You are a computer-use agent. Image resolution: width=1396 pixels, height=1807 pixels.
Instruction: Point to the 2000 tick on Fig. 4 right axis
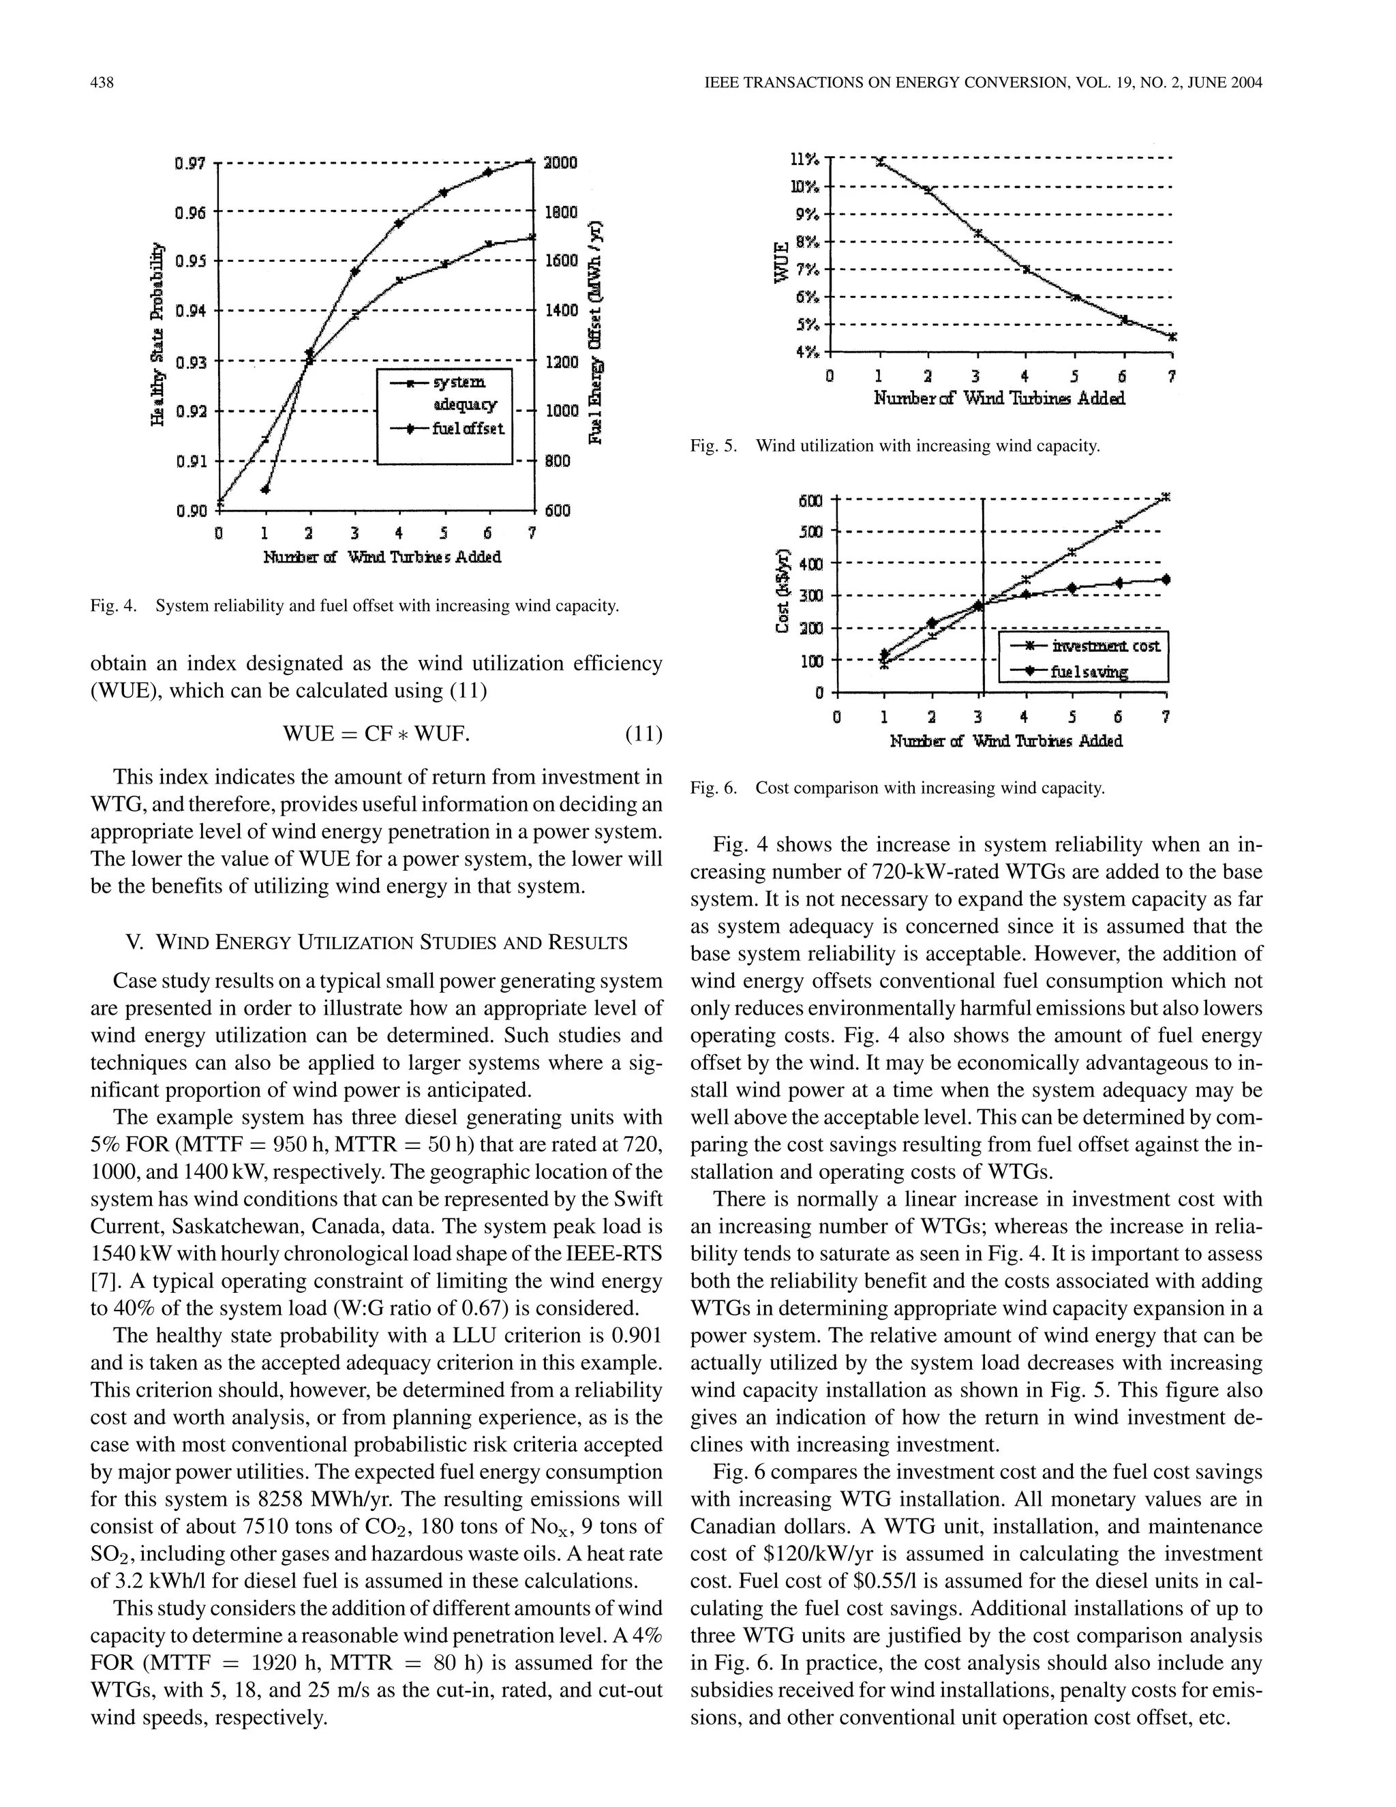point(559,163)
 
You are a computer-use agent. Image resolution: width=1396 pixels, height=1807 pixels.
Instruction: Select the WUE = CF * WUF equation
point(376,733)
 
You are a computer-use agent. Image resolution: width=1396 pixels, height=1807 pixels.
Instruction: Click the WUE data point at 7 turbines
point(1172,337)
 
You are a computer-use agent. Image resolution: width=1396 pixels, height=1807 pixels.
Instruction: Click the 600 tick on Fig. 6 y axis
point(811,501)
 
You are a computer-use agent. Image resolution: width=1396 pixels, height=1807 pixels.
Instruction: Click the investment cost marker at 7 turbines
point(1166,496)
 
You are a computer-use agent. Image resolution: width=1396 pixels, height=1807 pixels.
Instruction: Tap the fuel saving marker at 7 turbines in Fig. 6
point(1166,579)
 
